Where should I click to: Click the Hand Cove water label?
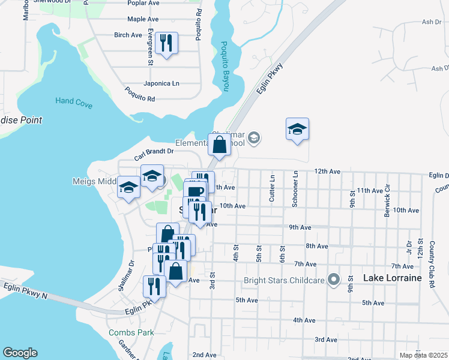click(x=74, y=103)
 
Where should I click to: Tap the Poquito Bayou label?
click(x=224, y=66)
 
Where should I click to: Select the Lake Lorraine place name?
click(x=393, y=279)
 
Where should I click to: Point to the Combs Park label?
click(x=131, y=332)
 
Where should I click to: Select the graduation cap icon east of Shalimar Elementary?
click(x=297, y=129)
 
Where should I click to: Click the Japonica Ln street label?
click(x=161, y=83)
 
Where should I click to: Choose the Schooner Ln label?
click(x=295, y=188)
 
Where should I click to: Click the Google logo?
click(x=20, y=353)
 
